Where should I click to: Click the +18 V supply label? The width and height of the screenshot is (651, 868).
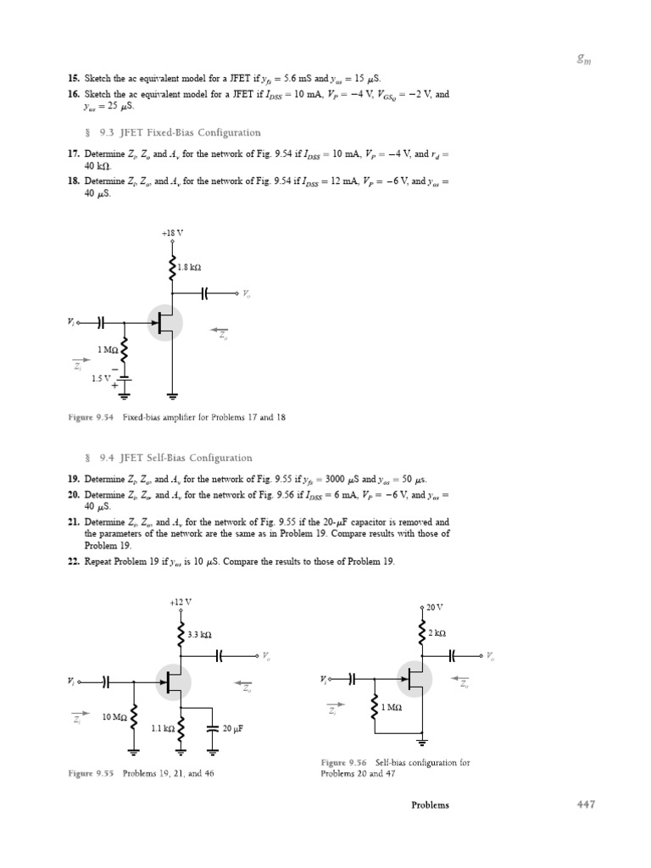point(173,232)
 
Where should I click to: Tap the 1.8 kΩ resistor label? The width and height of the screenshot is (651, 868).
point(189,268)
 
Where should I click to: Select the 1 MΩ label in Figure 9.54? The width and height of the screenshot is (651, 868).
point(108,348)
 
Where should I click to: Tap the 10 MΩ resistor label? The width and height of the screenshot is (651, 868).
point(114,717)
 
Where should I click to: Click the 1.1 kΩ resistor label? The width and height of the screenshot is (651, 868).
point(162,727)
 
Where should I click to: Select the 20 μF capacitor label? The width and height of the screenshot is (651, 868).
point(233,727)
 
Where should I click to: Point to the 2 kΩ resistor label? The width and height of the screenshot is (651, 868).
point(437,633)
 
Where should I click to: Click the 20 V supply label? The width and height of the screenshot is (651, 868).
point(434,608)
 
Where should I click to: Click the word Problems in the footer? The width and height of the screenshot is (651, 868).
point(431,805)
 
